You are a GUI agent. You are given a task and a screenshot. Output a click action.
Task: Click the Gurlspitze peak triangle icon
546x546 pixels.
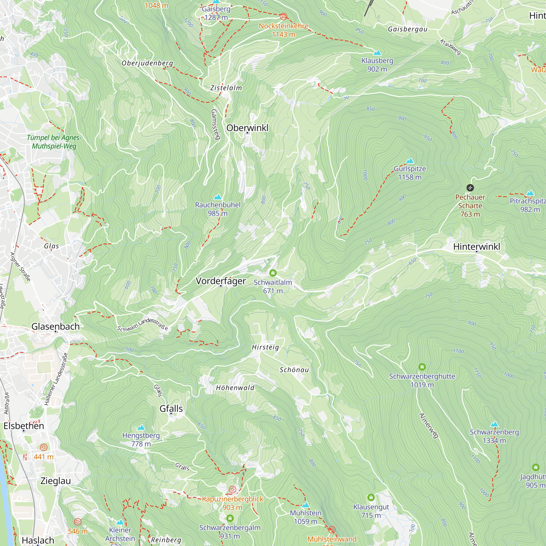coord(410,161)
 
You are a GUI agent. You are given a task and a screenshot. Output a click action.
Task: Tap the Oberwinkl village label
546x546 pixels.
coord(247,128)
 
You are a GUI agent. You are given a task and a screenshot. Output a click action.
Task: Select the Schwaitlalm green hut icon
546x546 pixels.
coord(273,273)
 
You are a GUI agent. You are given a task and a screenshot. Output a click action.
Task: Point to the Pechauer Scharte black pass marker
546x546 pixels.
coord(470,188)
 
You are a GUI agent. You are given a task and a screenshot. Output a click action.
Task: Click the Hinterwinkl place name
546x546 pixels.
coord(476,247)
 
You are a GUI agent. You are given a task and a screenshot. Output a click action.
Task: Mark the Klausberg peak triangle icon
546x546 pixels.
coord(377,53)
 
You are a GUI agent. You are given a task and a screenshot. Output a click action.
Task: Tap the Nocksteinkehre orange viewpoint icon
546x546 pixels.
coord(283,17)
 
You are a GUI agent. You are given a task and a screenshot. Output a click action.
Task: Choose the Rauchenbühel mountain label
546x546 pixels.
coord(218,205)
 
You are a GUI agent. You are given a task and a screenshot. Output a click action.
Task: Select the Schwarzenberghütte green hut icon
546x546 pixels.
coord(422,367)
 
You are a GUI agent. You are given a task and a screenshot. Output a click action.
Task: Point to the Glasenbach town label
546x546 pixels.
coord(55,327)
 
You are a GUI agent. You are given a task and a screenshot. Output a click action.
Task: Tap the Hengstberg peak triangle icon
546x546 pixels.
coord(141,427)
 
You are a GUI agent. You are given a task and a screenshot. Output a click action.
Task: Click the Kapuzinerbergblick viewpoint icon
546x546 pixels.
coord(232,489)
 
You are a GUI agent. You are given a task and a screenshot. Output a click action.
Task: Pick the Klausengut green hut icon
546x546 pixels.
coord(371,497)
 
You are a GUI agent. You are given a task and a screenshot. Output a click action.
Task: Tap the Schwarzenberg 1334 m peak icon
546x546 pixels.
coord(494,424)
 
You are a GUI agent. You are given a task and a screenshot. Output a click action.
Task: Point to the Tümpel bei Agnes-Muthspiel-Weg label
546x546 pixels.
coord(54,142)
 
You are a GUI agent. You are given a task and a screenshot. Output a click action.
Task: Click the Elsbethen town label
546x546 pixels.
coord(24,426)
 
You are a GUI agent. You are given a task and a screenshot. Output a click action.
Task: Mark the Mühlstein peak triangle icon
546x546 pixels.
coord(305,505)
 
